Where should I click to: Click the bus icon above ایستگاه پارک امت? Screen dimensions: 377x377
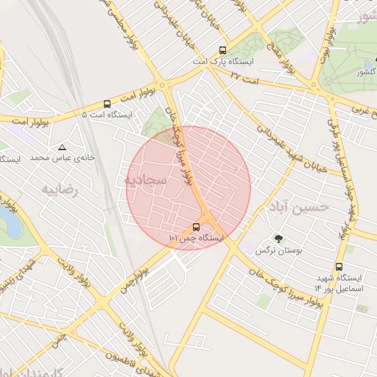pos(222,51)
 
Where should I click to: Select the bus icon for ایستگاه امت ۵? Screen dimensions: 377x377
pos(108,104)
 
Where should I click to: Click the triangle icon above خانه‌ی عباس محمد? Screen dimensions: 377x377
pos(61,147)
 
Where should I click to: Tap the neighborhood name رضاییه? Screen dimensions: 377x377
pos(59,190)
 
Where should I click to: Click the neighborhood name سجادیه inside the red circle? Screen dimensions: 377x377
pos(145,179)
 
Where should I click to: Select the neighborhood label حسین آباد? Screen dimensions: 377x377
pos(301,206)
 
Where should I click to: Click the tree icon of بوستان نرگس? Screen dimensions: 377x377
pos(278,238)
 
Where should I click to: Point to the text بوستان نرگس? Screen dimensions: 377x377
pos(275,250)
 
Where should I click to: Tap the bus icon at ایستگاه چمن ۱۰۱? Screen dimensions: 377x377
pos(196,227)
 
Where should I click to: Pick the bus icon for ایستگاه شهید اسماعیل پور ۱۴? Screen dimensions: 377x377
pos(339,267)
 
